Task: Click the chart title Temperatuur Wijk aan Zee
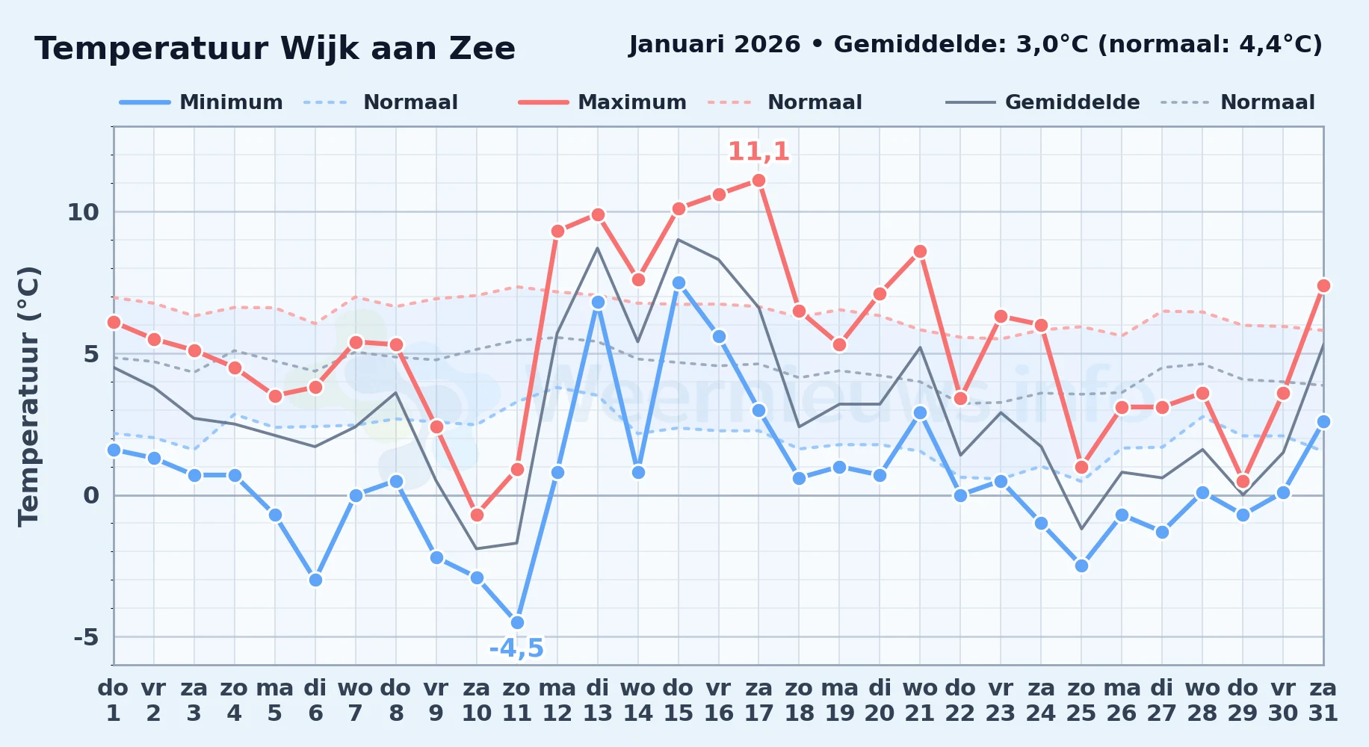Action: pos(275,49)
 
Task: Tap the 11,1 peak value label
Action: pos(758,152)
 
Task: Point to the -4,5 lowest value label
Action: pos(516,648)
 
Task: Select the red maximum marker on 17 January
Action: pos(758,180)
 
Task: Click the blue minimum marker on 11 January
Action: pos(517,622)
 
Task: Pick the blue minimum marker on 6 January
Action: pos(315,580)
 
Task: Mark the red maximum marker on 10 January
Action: pos(477,515)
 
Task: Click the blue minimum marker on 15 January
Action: pos(679,282)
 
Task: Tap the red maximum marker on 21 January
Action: pos(920,251)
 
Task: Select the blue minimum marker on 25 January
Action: pos(1081,565)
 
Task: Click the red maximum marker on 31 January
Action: pos(1323,285)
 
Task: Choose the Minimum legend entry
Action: pos(202,102)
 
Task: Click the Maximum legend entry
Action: pos(602,102)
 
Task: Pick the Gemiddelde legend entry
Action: pos(1043,102)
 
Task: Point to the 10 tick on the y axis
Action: pos(83,212)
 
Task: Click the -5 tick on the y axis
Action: pos(86,637)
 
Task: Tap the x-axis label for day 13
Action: pos(598,700)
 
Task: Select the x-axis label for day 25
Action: pos(1081,700)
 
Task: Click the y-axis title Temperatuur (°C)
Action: pos(29,396)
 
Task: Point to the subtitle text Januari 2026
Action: pos(715,44)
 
